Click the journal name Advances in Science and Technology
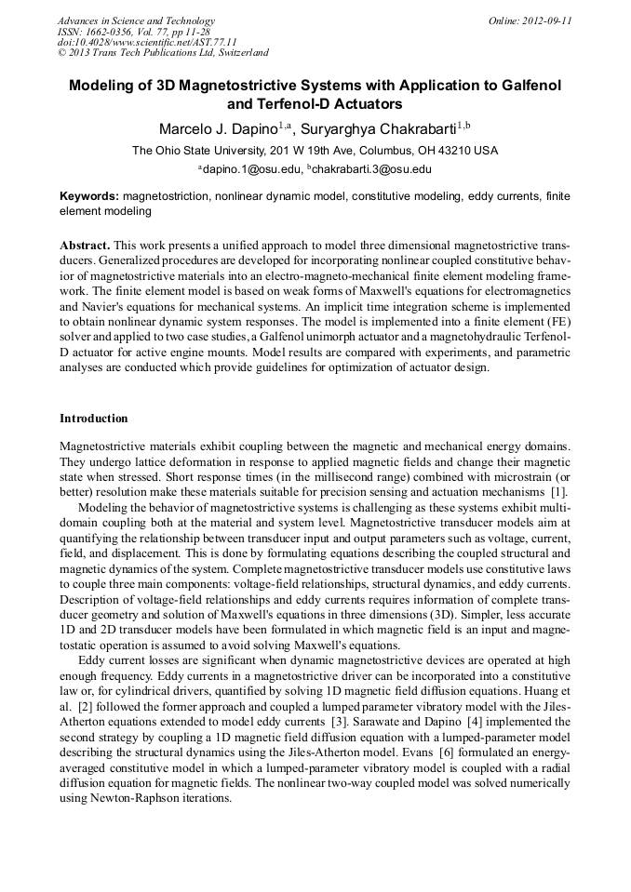(136, 20)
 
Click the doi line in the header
(147, 42)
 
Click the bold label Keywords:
(89, 197)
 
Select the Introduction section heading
(94, 418)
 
